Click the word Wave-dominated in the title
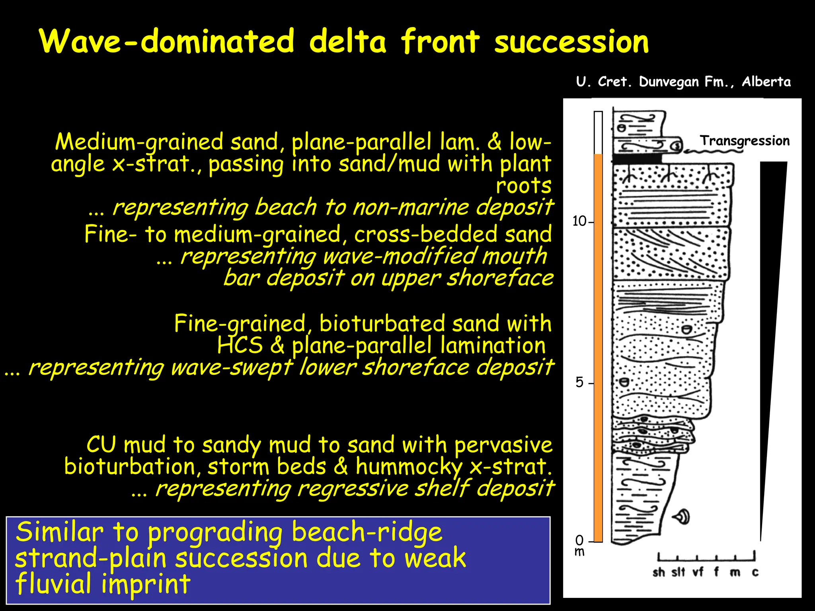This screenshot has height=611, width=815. click(167, 41)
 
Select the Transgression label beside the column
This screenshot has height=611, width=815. click(745, 141)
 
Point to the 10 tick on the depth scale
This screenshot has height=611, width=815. click(581, 221)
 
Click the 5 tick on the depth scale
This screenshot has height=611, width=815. click(580, 383)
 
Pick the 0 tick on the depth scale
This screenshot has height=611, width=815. click(580, 540)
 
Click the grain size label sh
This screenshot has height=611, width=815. click(659, 572)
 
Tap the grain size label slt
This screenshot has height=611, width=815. click(678, 572)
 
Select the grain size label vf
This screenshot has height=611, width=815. click(698, 572)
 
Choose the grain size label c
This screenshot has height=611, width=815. click(755, 572)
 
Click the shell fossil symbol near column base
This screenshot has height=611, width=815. click(682, 517)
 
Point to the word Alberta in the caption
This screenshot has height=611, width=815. click(766, 82)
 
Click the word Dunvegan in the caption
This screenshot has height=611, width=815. click(669, 82)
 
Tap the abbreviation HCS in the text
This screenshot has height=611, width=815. click(240, 345)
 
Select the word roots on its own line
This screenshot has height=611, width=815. click(523, 185)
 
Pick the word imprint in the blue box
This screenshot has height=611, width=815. click(146, 584)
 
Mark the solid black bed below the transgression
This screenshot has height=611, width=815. click(637, 158)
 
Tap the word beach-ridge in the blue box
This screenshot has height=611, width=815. click(367, 532)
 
